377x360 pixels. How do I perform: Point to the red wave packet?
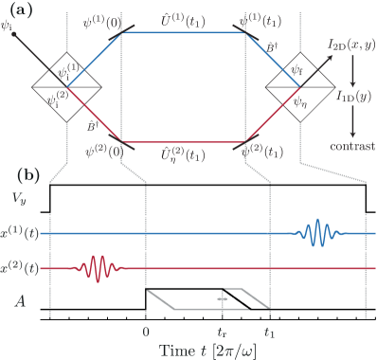[x=96, y=269]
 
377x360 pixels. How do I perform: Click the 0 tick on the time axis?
[x=145, y=333]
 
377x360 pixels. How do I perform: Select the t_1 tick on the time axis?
[x=269, y=333]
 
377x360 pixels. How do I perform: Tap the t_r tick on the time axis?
[x=224, y=333]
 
